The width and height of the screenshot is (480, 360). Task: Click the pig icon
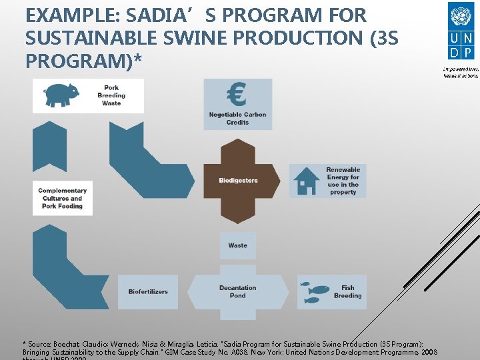tap(60, 95)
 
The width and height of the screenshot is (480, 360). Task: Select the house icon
tap(307, 181)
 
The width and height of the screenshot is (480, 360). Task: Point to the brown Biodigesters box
tap(238, 181)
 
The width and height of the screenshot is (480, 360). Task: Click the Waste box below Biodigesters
tap(237, 245)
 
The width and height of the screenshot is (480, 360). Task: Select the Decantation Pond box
tap(237, 292)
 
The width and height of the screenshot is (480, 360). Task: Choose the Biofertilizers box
tap(148, 292)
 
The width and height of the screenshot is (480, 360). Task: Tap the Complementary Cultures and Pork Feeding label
tap(63, 198)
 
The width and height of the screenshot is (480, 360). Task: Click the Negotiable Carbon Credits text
tap(237, 119)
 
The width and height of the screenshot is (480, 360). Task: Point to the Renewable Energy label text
tap(343, 181)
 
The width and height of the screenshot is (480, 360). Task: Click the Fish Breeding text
tap(347, 292)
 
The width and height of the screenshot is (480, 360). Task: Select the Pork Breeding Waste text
tap(111, 95)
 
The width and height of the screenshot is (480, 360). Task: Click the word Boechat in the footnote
tap(69, 343)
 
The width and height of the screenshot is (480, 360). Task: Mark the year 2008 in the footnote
tap(430, 351)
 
